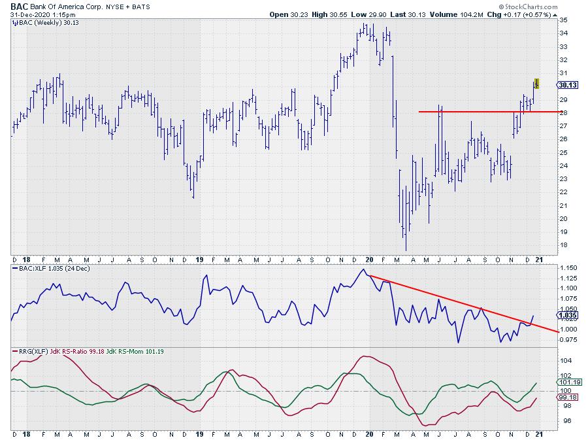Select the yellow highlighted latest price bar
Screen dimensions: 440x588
click(x=536, y=83)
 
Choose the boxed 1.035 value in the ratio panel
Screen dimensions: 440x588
click(x=566, y=314)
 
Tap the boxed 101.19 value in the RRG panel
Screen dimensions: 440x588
click(x=566, y=382)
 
